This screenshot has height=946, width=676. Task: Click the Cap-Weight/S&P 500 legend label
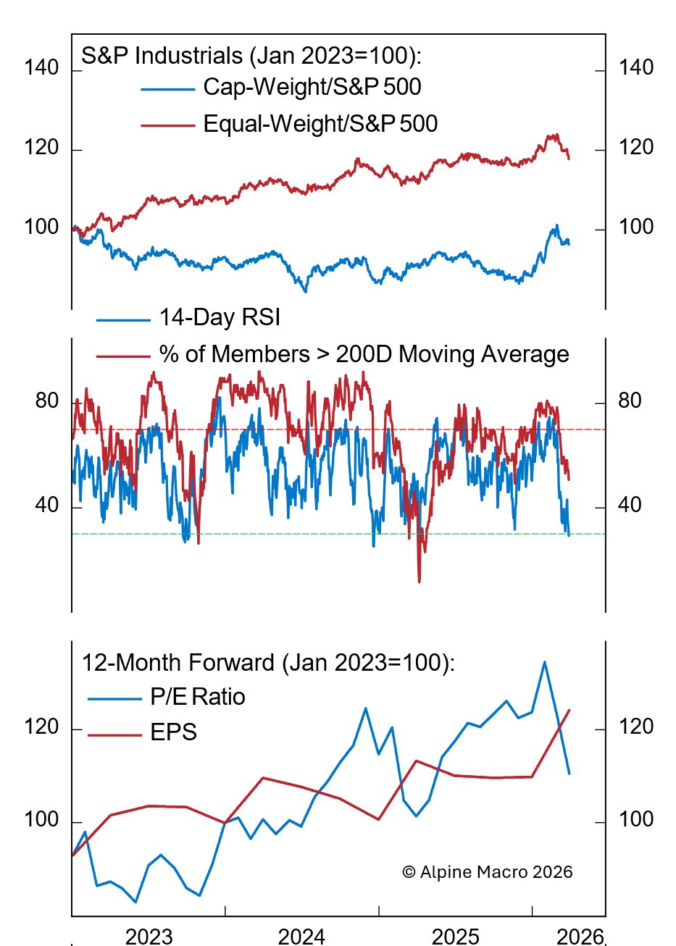click(x=312, y=87)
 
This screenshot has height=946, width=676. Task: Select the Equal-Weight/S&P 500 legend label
click(x=320, y=124)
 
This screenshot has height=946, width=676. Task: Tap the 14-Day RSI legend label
click(x=220, y=317)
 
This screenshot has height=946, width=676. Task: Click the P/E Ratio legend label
click(x=198, y=697)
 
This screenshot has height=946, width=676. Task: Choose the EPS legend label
click(x=174, y=732)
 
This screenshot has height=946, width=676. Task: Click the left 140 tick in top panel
click(x=41, y=68)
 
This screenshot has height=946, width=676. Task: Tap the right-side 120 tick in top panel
click(x=636, y=148)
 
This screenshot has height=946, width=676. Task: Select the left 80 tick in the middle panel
click(x=47, y=401)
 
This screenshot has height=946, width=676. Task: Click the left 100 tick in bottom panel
click(x=41, y=819)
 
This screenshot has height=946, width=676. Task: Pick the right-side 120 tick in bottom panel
click(x=636, y=727)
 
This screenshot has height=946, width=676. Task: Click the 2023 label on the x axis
click(x=149, y=936)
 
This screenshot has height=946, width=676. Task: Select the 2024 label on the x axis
click(x=301, y=936)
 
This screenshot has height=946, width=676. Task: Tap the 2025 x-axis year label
click(x=455, y=936)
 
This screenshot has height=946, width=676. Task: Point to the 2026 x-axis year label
click(x=580, y=936)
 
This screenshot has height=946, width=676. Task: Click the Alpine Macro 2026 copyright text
click(x=487, y=872)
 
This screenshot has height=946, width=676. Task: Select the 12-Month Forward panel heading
click(x=268, y=663)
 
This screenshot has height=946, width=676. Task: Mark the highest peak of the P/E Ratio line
click(x=544, y=661)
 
